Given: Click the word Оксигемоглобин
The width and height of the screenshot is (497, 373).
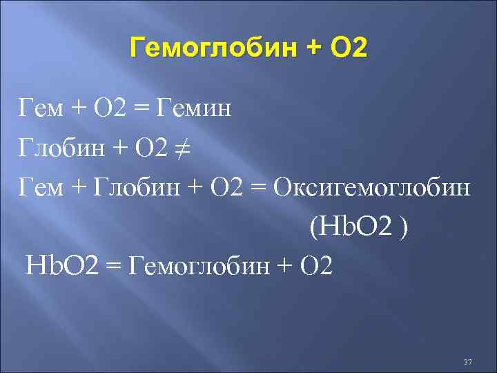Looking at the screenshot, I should coord(373,187).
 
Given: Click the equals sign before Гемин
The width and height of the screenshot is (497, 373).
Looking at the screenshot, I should coord(143,109).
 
